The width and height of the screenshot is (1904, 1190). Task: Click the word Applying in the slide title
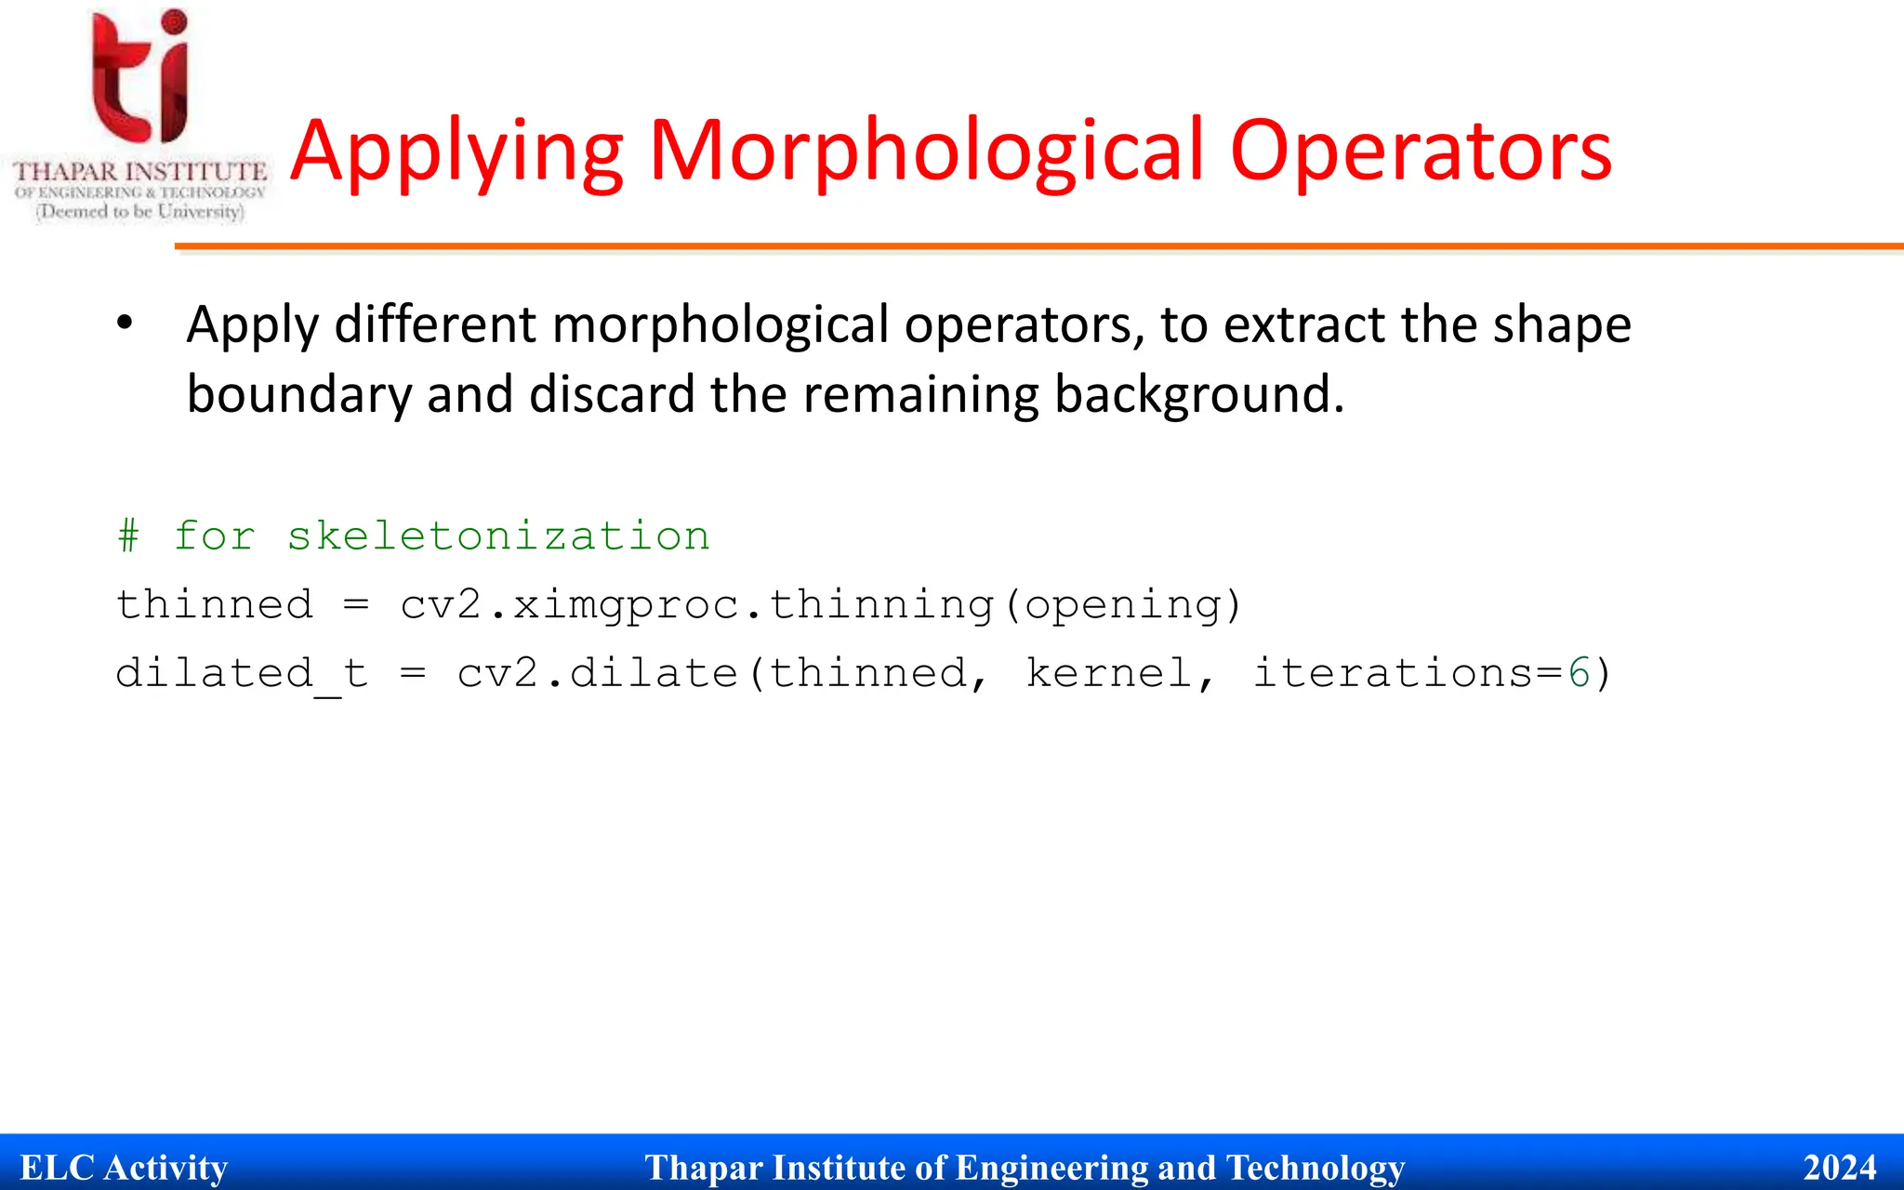coord(456,152)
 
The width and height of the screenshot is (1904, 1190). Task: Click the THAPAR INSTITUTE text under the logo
coord(139,172)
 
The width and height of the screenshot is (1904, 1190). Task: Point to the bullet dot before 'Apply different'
coord(125,324)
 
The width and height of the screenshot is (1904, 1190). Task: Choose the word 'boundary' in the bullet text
coord(298,394)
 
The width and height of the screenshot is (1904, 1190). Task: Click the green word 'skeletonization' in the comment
coord(498,536)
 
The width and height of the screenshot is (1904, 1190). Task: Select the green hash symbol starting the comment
coord(128,536)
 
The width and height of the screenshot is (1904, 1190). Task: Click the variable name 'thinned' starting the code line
coord(214,605)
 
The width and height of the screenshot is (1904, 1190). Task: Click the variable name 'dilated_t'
coord(242,674)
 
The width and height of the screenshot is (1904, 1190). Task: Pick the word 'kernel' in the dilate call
coord(1109,674)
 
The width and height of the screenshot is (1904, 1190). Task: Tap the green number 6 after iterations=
coord(1579,674)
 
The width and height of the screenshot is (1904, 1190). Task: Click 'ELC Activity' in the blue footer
coord(124,1168)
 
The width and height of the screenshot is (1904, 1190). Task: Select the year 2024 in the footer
coord(1839,1168)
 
